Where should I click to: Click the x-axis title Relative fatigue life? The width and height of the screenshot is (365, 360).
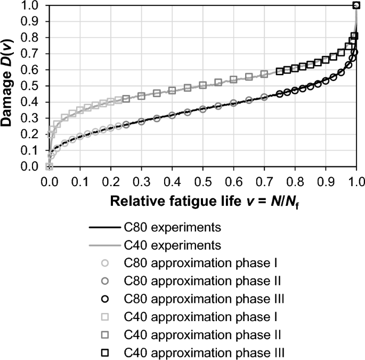pos(202,203)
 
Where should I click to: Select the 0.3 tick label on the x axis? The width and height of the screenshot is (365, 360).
pos(141,181)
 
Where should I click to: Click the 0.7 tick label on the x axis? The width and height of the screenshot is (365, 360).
pos(264,181)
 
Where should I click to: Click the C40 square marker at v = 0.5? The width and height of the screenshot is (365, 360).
pos(203,85)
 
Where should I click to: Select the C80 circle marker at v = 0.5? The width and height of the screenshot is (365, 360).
pos(203,109)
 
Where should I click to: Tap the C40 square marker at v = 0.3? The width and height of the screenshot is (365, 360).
pos(141,96)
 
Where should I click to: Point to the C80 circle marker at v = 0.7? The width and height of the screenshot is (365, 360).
pos(264,97)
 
